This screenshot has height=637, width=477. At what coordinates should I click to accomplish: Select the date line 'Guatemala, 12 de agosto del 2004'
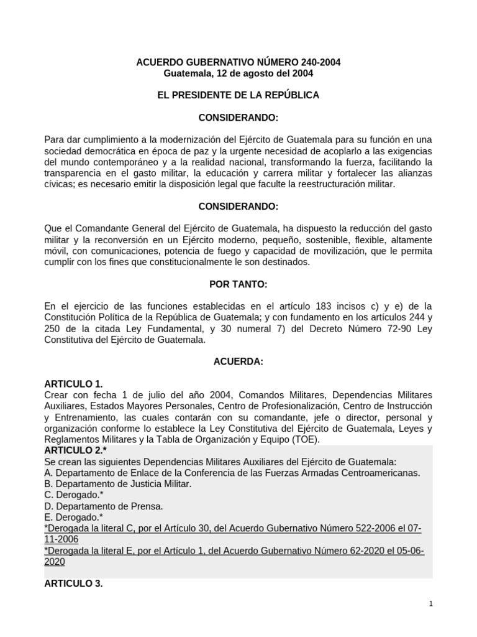coord(238,73)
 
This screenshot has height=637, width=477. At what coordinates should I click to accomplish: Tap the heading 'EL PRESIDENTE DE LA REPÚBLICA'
coord(238,95)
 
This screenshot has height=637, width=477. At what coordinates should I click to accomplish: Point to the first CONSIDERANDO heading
coord(238,118)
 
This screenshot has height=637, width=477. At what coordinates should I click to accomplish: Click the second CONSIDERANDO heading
coord(238,206)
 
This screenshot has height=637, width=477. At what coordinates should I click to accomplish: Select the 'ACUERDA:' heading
coord(238,361)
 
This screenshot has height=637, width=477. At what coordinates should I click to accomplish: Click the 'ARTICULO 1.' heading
coord(73,384)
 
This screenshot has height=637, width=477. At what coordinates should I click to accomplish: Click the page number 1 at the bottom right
coord(430,604)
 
